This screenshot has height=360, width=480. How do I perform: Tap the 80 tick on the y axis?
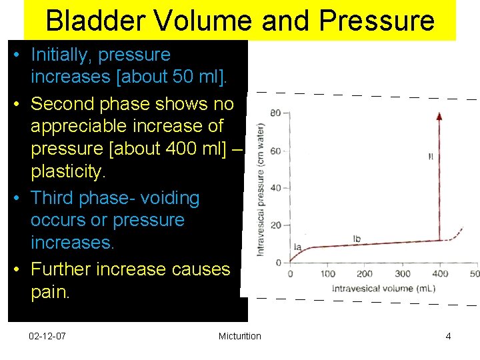[275, 113]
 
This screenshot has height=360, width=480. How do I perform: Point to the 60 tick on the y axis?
[275, 151]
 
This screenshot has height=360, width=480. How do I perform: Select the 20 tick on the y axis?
[275, 225]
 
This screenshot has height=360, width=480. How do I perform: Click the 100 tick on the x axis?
[327, 273]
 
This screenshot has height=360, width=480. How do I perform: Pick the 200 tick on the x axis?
[365, 273]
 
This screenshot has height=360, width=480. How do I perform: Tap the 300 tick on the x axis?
[402, 273]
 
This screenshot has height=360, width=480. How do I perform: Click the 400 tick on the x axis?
[439, 273]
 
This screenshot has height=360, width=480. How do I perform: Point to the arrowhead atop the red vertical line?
[439, 116]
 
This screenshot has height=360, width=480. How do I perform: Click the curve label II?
[431, 157]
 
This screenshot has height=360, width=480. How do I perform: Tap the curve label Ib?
[357, 239]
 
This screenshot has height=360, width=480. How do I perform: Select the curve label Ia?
[297, 247]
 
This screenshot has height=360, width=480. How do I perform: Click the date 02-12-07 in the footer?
[47, 336]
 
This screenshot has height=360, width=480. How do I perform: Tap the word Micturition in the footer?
[239, 336]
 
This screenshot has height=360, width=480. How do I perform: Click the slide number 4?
[448, 336]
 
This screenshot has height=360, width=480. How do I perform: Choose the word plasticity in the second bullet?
[68, 172]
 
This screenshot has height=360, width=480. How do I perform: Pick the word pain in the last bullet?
[49, 292]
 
